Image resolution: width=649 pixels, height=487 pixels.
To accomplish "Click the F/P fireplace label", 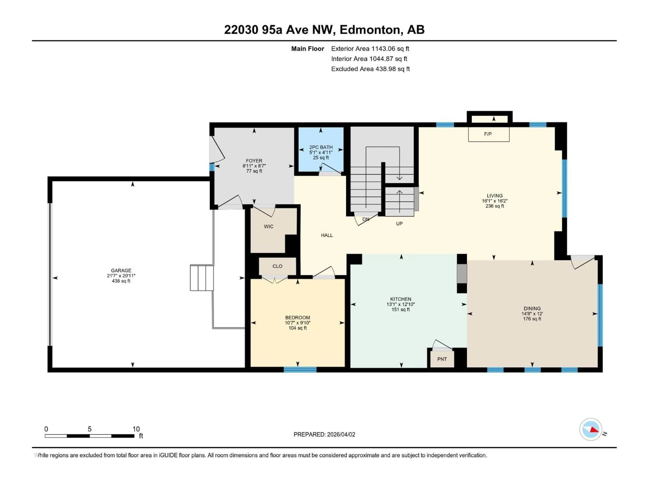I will tap(488, 134).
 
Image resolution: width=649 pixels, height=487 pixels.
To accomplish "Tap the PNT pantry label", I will tap(442, 359).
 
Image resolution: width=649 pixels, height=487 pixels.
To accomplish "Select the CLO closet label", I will tap(277, 266).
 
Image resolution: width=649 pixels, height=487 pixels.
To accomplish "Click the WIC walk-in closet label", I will tap(268, 226).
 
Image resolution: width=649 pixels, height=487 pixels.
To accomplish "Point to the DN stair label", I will tap(366, 219).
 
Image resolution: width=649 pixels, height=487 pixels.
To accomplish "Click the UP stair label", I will tap(399, 224).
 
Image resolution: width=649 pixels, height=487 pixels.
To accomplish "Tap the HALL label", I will tap(327, 235).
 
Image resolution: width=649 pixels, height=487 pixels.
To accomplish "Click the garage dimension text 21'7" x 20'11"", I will tap(121, 276).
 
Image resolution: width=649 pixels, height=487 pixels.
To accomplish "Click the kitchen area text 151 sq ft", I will tap(401, 309).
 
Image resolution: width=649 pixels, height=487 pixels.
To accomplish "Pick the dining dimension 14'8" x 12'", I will tap(532, 314).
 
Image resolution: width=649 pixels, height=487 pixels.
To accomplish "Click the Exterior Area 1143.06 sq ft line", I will tap(370, 49).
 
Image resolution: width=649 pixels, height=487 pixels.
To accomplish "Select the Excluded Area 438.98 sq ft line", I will tap(370, 69).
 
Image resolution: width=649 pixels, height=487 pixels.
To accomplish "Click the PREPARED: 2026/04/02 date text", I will tap(324, 434).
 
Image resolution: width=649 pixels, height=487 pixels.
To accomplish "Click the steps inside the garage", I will tap(202, 278).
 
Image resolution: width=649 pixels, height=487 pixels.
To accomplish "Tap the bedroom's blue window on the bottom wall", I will tap(300, 370).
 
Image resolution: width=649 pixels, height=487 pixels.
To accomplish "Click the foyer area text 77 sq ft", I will tap(254, 171).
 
